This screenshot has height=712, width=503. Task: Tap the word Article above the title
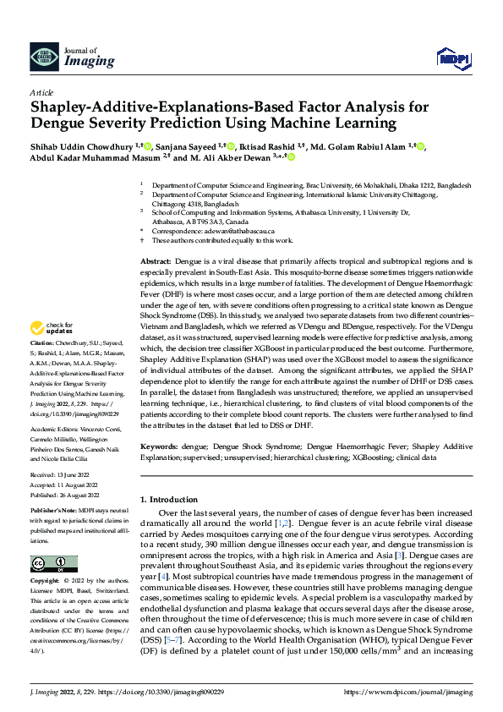pos(41,91)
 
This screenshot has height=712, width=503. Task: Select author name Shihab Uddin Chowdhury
pos(82,145)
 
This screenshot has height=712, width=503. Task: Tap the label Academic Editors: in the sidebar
pos(52,429)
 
